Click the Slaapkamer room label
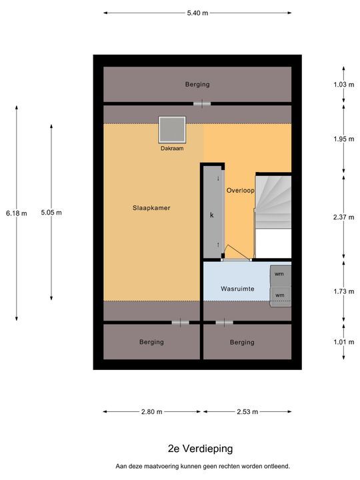[151, 208]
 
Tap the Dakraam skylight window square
[172, 129]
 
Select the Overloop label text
[240, 191]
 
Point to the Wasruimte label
[237, 289]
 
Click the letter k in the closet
[212, 215]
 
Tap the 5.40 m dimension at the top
[197, 13]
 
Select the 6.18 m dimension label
[17, 213]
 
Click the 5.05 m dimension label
[51, 213]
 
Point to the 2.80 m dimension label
[152, 412]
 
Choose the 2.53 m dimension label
[247, 412]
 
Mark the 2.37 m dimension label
[344, 217]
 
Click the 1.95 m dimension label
[344, 139]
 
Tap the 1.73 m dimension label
[344, 291]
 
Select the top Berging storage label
[197, 84]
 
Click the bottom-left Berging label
[151, 342]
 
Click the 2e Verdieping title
[201, 449]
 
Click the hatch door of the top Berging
[202, 104]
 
